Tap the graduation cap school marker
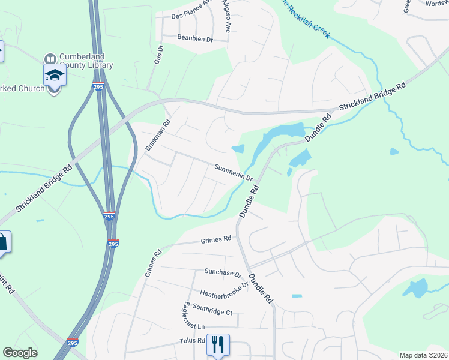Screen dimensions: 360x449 pyautogui.click(x=54, y=76)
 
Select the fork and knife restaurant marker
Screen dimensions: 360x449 pyautogui.click(x=218, y=344)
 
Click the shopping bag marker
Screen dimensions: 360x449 pyautogui.click(x=3, y=242)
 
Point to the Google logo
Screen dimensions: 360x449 pyautogui.click(x=20, y=353)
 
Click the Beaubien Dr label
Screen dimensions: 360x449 pyautogui.click(x=195, y=38)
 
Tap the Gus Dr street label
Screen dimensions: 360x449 pyautogui.click(x=158, y=55)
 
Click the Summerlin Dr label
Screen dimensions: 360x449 pyautogui.click(x=234, y=172)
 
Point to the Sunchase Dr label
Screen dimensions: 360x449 pyautogui.click(x=222, y=273)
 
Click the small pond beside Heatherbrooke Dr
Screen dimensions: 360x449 pyautogui.click(x=297, y=296)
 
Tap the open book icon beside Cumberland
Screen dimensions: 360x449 pyautogui.click(x=50, y=59)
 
